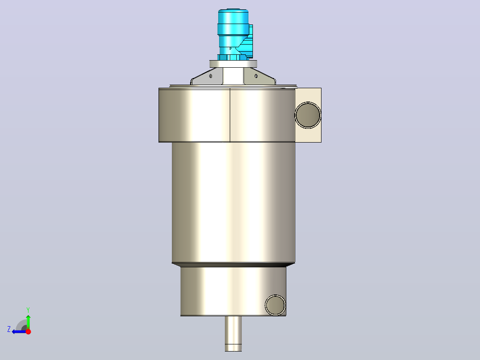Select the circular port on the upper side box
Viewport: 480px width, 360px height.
coord(308,115)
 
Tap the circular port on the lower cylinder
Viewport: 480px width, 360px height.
coord(275,305)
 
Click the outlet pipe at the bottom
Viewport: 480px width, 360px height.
coord(233,334)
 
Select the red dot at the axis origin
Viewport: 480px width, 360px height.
coord(28,331)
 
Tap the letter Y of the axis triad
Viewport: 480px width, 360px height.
coord(28,310)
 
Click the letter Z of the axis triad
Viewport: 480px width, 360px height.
coord(9,329)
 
